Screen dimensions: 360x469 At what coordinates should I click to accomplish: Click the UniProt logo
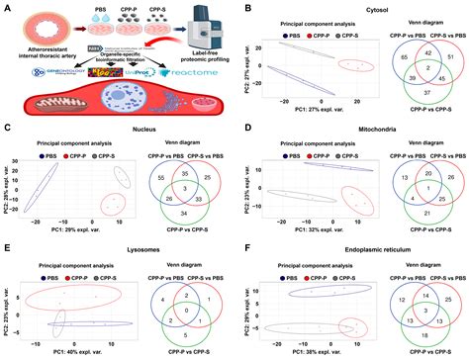[141, 75]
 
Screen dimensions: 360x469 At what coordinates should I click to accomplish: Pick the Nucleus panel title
[119, 128]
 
